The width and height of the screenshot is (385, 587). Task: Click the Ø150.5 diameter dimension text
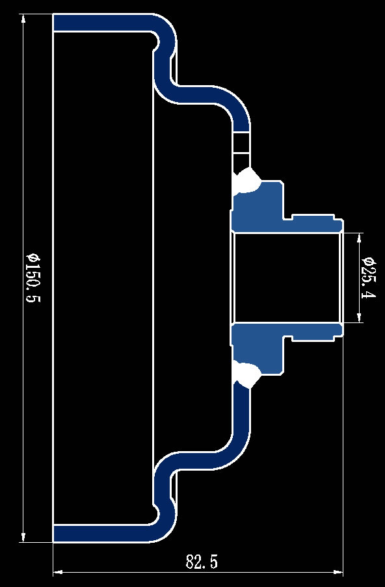click(33, 278)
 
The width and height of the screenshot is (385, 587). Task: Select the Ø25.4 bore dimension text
click(369, 278)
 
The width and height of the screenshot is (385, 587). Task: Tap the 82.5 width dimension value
click(202, 562)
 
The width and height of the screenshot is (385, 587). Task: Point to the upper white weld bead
click(247, 181)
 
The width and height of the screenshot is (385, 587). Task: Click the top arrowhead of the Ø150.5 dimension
click(23, 18)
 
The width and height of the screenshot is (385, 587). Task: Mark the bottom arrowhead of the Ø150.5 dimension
click(23, 537)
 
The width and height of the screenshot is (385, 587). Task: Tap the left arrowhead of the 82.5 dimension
click(58, 572)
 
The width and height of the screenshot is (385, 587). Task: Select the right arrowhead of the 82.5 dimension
click(338, 572)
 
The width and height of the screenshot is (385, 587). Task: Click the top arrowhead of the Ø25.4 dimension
click(360, 237)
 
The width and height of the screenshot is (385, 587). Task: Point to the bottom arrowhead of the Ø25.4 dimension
click(360, 318)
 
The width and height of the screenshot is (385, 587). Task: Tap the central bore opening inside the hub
click(287, 278)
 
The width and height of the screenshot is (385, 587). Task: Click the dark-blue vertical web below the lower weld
click(241, 411)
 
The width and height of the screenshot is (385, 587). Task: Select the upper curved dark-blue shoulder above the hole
click(225, 98)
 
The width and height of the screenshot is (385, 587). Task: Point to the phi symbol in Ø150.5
click(33, 258)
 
